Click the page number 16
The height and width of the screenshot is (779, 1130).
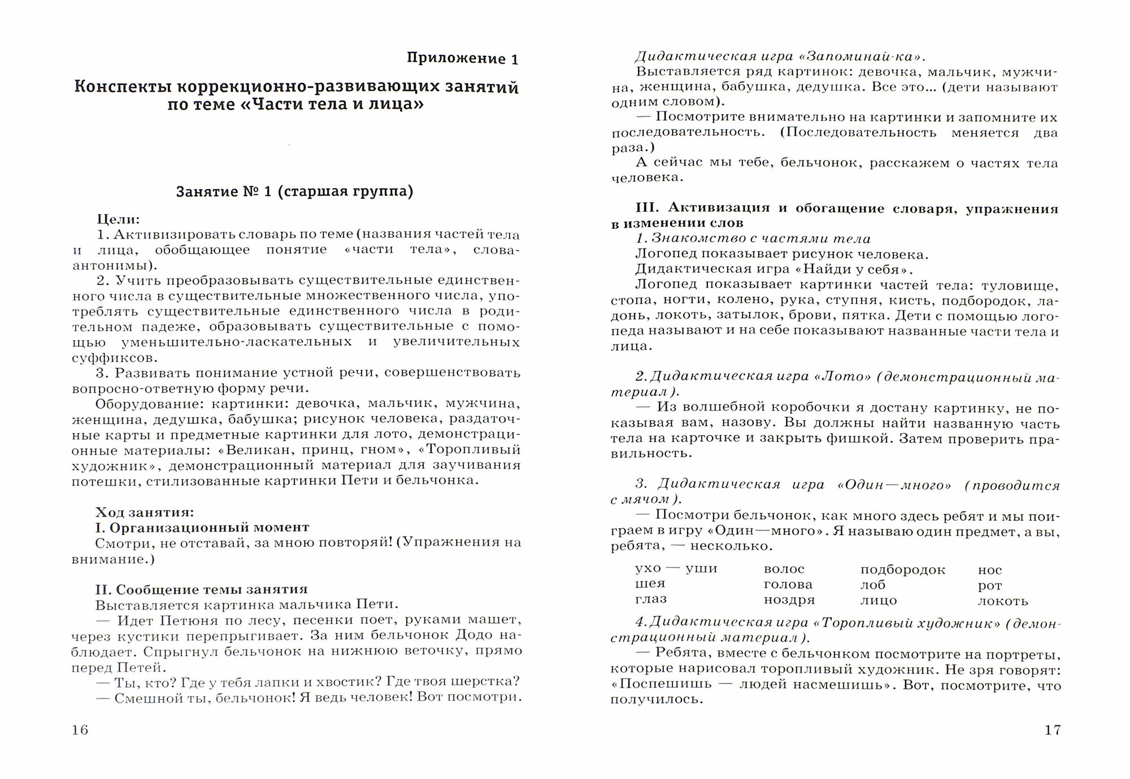pos(80,730)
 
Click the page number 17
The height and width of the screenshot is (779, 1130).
pos(1053,730)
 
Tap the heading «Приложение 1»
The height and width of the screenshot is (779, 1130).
pos(462,59)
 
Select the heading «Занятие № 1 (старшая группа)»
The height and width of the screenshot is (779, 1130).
pos(294,192)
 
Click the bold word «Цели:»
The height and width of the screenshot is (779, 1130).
pos(118,219)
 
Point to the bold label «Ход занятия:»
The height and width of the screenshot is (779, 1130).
pos(145,512)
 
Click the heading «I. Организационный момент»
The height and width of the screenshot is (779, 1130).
pos(202,528)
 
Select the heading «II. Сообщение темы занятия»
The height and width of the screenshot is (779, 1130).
pos(201,590)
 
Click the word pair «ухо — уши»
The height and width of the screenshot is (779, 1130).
pos(676,568)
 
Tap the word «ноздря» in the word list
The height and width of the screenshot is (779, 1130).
pos(789,600)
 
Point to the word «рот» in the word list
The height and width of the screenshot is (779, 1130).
pos(989,586)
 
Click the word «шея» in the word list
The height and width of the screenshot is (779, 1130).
pos(650,584)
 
